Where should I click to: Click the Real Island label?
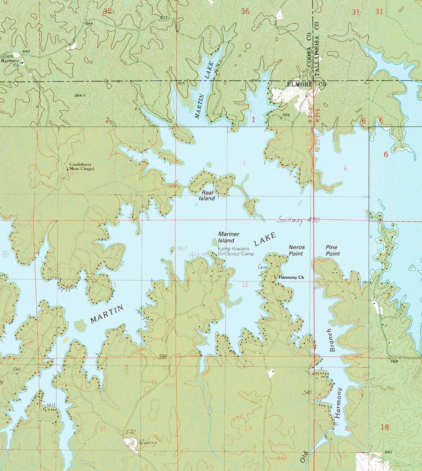pos(207,196)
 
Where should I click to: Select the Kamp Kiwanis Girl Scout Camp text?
pos(236,252)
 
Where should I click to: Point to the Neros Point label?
pos(296,250)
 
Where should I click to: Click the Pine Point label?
pos(332,250)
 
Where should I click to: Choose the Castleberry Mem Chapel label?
pos(82,166)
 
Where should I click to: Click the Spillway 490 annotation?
pos(298,220)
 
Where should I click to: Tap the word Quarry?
pos(148,443)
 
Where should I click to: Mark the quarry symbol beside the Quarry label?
pos(130,443)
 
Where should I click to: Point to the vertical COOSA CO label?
pos(308,55)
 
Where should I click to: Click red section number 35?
pos(107,11)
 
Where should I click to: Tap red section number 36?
pos(245,11)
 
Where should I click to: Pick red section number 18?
pos(385,427)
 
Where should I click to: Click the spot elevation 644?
pos(89,24)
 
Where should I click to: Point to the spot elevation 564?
pos(78,95)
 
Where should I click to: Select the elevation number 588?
pos(162,357)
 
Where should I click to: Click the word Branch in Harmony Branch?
pos(331,340)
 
